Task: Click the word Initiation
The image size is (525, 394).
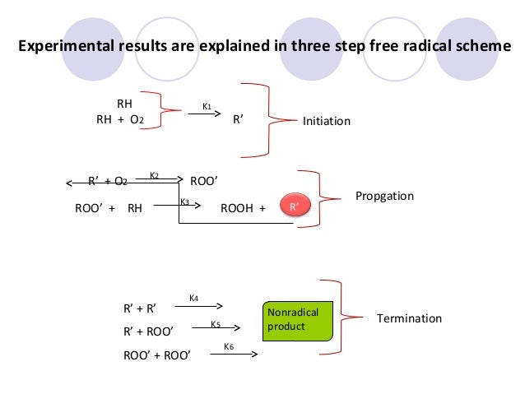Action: click(327, 122)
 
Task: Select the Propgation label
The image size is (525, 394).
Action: click(384, 197)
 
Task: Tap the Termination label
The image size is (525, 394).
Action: click(409, 318)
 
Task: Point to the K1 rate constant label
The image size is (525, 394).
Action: click(207, 107)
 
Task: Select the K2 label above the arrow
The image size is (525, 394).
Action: click(154, 174)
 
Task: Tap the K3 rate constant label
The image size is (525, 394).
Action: click(185, 202)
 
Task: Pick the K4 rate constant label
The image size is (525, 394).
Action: click(193, 298)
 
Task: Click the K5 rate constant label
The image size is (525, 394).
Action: click(216, 324)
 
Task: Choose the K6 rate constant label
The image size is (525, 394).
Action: click(229, 347)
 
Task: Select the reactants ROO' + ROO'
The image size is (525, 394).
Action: click(152, 355)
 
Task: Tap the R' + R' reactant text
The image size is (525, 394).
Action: click(140, 310)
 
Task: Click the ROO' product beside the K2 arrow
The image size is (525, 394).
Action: click(204, 181)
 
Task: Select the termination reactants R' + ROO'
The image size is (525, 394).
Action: click(148, 332)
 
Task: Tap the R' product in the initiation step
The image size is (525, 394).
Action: click(238, 119)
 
